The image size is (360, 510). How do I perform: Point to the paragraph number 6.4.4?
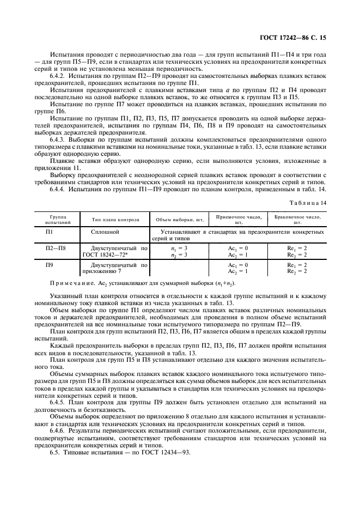click(x=59, y=189)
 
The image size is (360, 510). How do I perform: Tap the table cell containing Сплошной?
click(x=106, y=232)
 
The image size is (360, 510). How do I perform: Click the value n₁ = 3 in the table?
click(x=179, y=248)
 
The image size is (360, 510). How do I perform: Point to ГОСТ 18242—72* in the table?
click(x=106, y=254)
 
